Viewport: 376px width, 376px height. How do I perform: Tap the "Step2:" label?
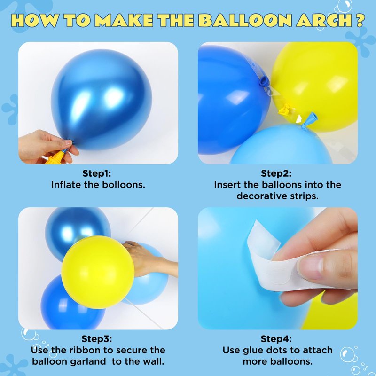click(x=276, y=173)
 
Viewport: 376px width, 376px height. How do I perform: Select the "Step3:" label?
click(x=97, y=339)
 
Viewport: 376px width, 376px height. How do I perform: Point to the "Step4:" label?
click(x=276, y=339)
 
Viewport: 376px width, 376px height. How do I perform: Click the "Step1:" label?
click(x=97, y=173)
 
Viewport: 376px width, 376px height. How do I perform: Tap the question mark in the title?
click(x=360, y=20)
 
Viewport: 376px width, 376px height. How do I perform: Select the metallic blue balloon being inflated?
click(x=102, y=100)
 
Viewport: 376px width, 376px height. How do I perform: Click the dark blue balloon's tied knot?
click(x=264, y=81)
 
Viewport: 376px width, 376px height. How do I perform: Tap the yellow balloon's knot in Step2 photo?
click(x=285, y=110)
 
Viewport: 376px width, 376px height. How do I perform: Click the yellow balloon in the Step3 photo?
click(x=98, y=272)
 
